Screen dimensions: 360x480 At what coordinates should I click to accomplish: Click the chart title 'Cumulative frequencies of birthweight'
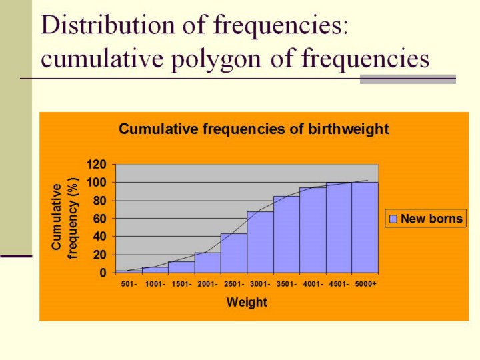[253, 129]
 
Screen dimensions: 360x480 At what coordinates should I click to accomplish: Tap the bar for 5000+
[365, 227]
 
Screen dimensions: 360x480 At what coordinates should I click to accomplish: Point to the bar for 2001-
[207, 263]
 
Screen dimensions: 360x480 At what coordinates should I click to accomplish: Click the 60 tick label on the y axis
[100, 219]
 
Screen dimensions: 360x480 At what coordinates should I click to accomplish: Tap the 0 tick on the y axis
[103, 273]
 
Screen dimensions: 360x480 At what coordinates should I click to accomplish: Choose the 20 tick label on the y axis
[100, 255]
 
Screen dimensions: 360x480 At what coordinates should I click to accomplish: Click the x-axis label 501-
[129, 284]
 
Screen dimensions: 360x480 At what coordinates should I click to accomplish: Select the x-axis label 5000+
[365, 284]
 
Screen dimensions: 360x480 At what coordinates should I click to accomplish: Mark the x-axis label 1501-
[181, 284]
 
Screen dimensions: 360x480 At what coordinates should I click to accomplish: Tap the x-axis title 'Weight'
[247, 302]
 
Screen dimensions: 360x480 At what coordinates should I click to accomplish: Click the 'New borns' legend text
[431, 219]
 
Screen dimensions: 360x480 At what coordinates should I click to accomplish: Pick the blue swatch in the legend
[393, 219]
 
